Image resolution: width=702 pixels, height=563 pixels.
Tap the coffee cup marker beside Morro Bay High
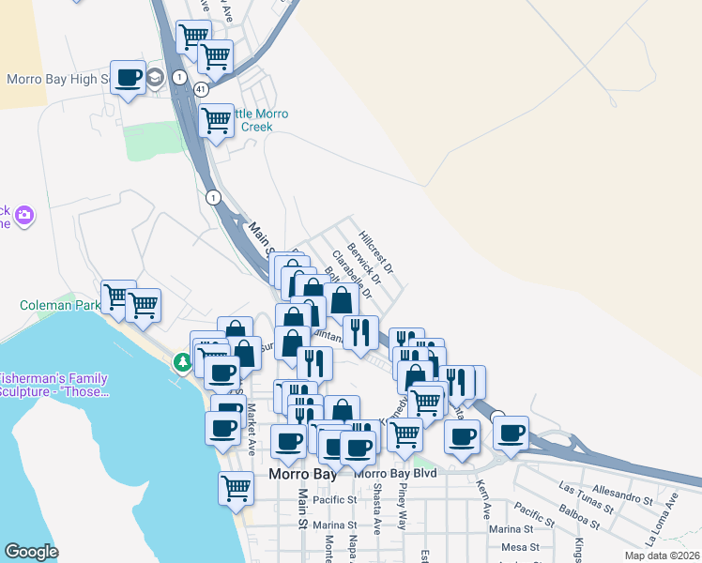click(x=129, y=78)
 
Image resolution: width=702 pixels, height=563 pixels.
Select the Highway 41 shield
click(x=201, y=88)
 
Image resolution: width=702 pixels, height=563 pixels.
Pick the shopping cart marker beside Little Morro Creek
click(x=217, y=120)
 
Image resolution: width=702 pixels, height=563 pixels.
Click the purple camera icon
click(x=24, y=217)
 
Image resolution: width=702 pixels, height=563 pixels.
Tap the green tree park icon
click(x=181, y=361)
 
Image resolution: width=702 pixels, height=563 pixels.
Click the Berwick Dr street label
click(x=364, y=263)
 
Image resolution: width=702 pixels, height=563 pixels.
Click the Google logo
click(x=31, y=552)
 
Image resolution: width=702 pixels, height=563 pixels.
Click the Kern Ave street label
click(x=483, y=501)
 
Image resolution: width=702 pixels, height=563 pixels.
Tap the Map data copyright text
click(x=661, y=555)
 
